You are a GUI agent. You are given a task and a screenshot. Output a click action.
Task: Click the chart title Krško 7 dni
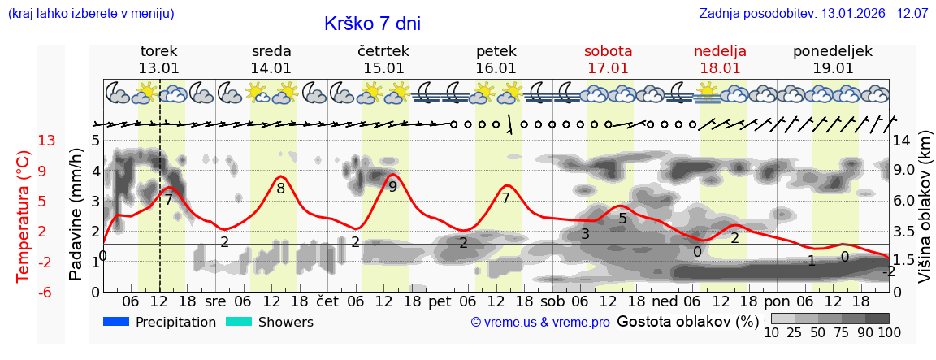(372, 24)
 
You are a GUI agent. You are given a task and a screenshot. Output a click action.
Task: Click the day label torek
(158, 51)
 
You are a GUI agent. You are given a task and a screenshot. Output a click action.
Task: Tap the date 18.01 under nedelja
(720, 68)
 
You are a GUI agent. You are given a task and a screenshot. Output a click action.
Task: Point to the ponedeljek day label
(833, 51)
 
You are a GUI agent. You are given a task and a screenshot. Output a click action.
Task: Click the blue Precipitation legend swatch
(116, 322)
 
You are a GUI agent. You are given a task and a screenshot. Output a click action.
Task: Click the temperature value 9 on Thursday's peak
(393, 187)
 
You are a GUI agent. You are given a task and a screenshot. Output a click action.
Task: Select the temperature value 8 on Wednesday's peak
(281, 189)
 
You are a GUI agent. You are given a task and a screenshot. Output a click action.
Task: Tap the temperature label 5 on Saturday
(623, 218)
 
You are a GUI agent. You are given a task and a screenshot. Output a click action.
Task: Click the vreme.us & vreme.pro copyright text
(540, 323)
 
